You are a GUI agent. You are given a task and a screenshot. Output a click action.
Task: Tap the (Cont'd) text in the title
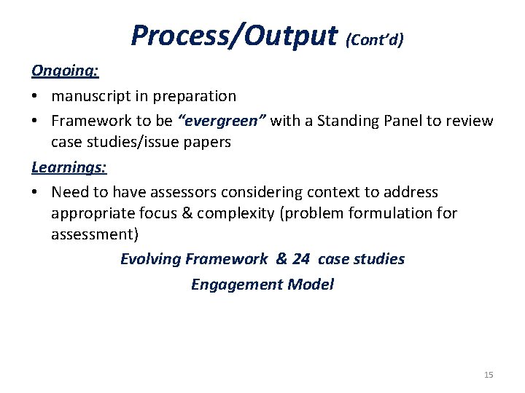pyautogui.click(x=375, y=39)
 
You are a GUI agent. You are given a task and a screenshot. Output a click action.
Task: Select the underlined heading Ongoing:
pyautogui.click(x=65, y=71)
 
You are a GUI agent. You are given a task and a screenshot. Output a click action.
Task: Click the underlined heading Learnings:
pyautogui.click(x=69, y=167)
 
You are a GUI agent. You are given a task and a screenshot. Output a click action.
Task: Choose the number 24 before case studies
pyautogui.click(x=300, y=259)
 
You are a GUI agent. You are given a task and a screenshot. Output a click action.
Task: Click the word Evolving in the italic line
pyautogui.click(x=150, y=259)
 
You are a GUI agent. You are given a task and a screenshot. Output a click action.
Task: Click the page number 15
pyautogui.click(x=489, y=375)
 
